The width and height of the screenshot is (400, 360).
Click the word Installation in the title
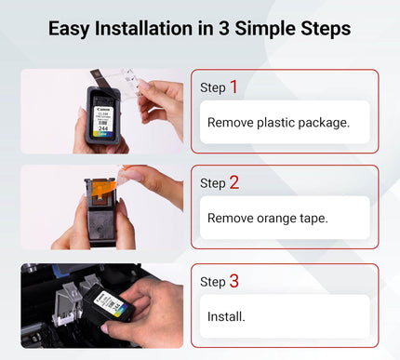click(x=144, y=29)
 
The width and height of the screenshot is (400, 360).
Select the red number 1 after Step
click(x=233, y=87)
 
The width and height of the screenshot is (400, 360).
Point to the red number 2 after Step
click(x=234, y=183)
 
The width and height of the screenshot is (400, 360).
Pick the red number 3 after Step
click(x=234, y=280)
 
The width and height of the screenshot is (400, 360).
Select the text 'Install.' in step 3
click(x=226, y=316)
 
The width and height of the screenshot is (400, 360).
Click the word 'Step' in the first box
click(x=213, y=88)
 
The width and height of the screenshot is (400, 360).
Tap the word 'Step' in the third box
click(x=213, y=282)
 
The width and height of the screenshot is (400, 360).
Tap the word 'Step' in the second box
click(x=213, y=184)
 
